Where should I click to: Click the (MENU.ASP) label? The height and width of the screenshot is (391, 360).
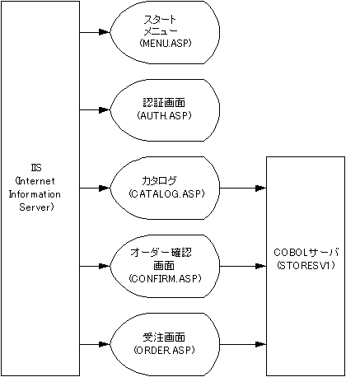[x=165, y=43]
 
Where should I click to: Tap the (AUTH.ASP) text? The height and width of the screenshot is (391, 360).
[x=164, y=115]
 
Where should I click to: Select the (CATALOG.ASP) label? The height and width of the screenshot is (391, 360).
[x=166, y=193]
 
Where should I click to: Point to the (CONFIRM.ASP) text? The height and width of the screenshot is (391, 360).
[x=165, y=278]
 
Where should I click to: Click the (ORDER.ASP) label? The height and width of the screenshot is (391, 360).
[x=164, y=350]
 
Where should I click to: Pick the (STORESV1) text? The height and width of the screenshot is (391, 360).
[x=306, y=265]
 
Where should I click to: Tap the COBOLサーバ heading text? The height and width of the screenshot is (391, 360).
[x=306, y=252]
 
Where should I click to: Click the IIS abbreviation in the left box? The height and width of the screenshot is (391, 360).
[x=36, y=168]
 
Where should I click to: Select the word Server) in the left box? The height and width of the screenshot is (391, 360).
[x=36, y=207]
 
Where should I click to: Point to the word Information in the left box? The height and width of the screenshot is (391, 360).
[x=35, y=194]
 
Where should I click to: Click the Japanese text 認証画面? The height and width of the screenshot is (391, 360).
[x=164, y=103]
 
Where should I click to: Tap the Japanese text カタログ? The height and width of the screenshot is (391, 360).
[x=159, y=180]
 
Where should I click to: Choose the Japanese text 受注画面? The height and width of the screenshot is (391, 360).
[x=164, y=337]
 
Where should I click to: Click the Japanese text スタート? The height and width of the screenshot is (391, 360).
[x=160, y=20]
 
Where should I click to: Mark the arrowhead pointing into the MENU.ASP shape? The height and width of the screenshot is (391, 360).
[x=105, y=32]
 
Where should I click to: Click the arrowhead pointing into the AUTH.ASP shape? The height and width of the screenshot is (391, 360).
[x=105, y=109]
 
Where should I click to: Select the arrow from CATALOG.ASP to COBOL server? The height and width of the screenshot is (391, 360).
[x=243, y=189]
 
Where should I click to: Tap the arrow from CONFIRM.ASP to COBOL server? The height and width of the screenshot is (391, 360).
[x=243, y=266]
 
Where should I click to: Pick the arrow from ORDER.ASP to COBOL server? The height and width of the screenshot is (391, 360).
[x=243, y=344]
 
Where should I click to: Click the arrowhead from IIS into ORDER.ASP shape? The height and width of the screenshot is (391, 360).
[x=105, y=344]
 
